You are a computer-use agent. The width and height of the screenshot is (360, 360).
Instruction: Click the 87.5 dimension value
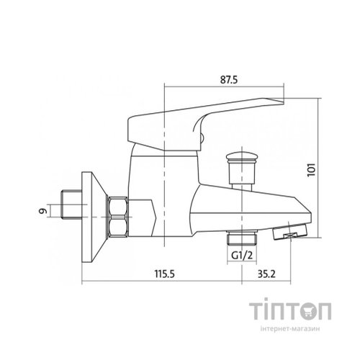pos(229,79)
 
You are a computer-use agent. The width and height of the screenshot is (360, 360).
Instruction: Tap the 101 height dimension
pos(311,170)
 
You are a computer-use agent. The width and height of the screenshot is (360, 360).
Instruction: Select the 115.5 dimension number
pos(164,274)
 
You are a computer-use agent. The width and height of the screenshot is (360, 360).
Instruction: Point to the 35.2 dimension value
pos(266,274)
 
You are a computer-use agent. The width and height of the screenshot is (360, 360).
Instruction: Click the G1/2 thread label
pos(242,256)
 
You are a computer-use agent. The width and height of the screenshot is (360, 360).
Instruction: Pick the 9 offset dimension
pos(42,211)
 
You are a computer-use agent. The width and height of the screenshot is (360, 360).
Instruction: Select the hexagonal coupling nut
pos(117,217)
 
